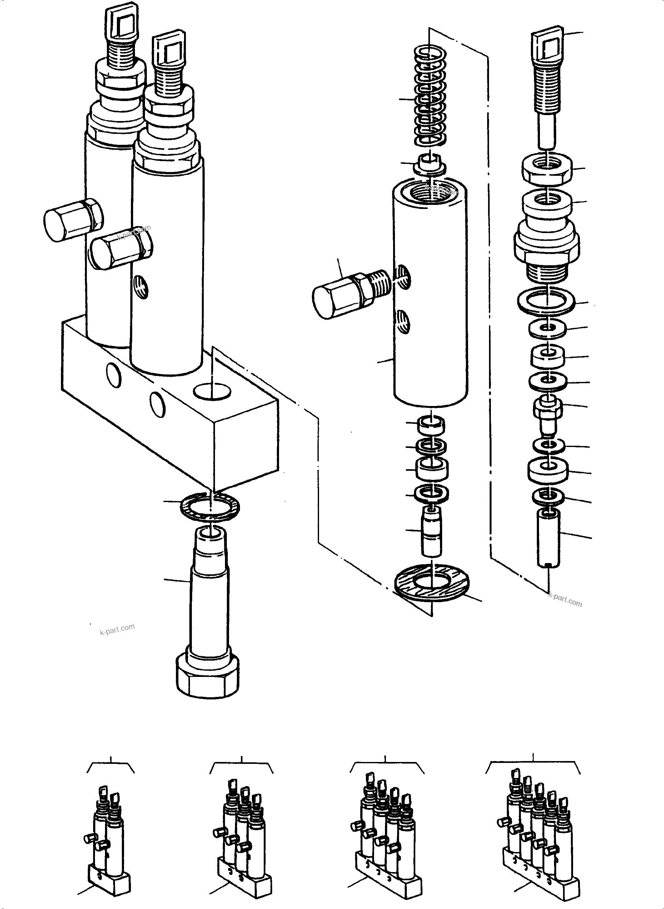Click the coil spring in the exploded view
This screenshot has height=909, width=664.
[430, 97]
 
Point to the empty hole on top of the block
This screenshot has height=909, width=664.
[212, 391]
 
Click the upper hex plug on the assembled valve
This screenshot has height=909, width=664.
[72, 220]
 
